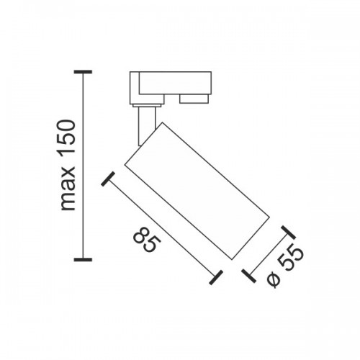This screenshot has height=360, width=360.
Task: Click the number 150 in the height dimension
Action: point(68,138)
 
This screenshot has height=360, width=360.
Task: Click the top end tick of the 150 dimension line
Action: point(83,72)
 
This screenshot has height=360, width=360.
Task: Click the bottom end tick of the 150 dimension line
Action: point(83,259)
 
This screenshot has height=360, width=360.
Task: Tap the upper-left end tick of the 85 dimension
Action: point(108,179)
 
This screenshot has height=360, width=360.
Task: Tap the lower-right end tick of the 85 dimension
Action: point(216,277)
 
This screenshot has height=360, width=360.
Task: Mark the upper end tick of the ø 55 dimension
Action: point(288,233)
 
